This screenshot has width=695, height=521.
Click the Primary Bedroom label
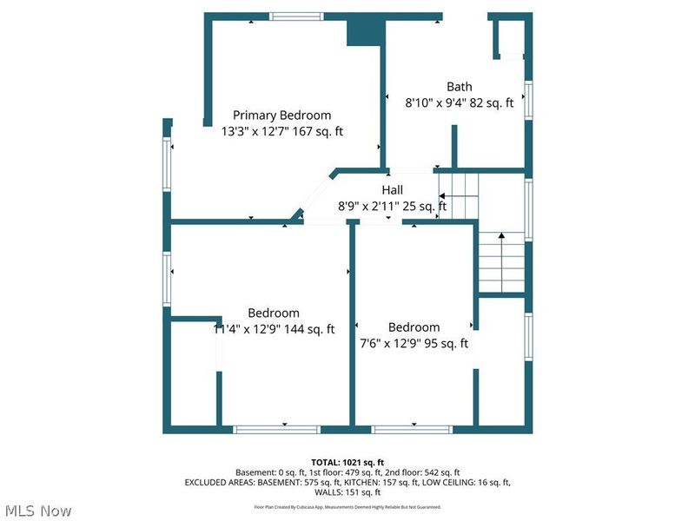point(281,115)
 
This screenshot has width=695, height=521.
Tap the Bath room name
point(460,86)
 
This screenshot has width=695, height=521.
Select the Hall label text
point(393,190)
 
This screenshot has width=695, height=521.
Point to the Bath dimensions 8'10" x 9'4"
point(437,102)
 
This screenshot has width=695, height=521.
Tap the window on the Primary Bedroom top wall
point(295,16)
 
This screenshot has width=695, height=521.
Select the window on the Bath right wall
point(528,99)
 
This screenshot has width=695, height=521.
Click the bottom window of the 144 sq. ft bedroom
point(275,429)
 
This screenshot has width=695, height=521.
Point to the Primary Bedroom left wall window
point(167,164)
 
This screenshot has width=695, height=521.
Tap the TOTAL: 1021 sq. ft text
point(347,462)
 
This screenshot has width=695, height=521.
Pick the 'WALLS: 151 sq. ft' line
point(347,492)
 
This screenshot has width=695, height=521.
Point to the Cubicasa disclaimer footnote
point(347,506)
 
